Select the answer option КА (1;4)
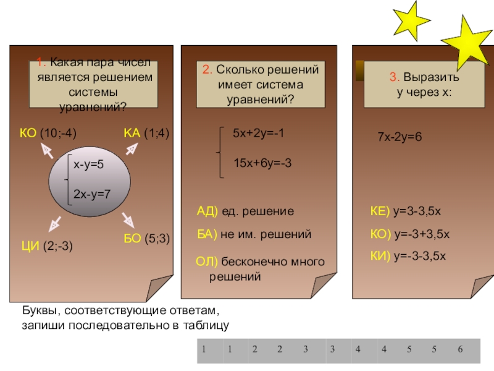(146, 133)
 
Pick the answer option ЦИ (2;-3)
(47, 246)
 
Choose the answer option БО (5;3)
(144, 237)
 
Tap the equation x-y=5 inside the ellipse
(89, 164)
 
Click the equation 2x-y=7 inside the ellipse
(91, 194)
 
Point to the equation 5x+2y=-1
(258, 134)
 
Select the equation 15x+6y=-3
(262, 162)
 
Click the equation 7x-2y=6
(400, 136)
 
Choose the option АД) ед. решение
(245, 211)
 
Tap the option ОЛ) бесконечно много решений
(259, 269)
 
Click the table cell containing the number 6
(460, 351)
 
